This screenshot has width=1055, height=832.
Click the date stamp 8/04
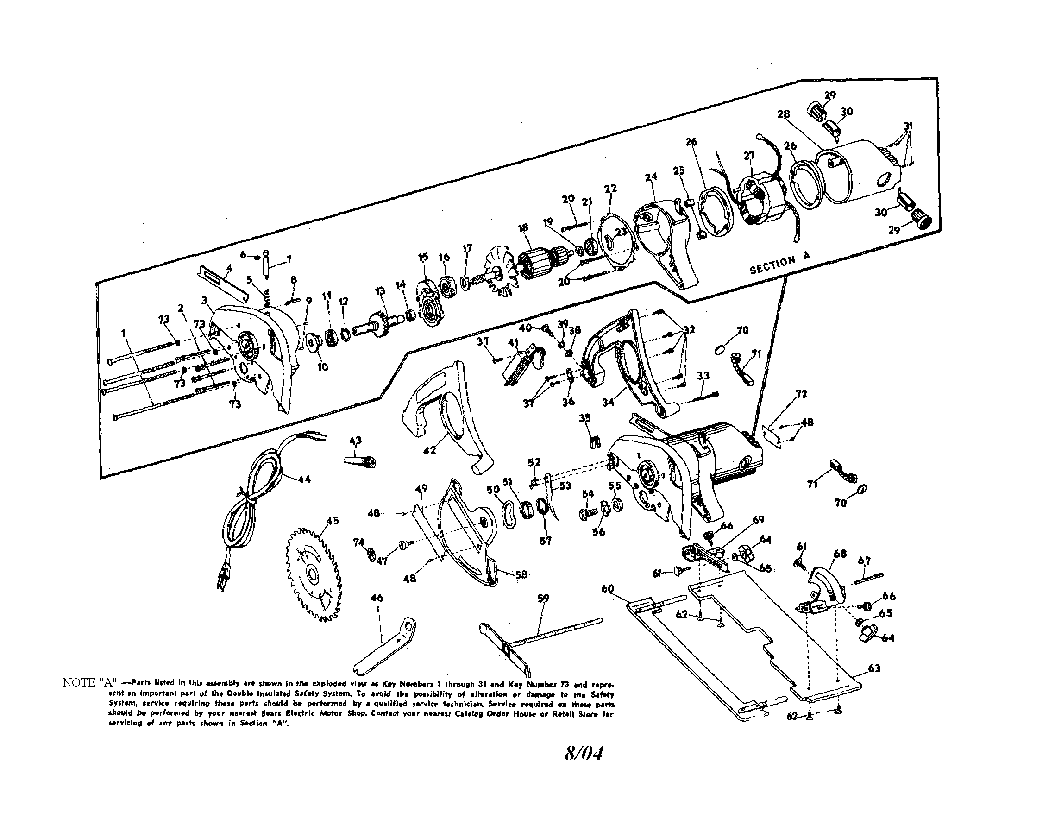(x=584, y=754)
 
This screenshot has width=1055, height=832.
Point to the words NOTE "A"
(x=88, y=682)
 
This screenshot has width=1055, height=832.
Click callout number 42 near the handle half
(x=429, y=451)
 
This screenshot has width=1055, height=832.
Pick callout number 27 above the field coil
(x=749, y=155)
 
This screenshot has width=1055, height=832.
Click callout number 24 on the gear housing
(x=651, y=177)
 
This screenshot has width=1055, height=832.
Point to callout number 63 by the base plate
(x=874, y=668)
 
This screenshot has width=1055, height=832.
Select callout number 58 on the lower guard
(x=521, y=574)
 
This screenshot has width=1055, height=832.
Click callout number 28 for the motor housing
(x=783, y=114)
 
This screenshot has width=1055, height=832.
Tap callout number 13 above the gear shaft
(x=380, y=291)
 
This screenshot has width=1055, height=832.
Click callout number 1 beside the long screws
(x=124, y=333)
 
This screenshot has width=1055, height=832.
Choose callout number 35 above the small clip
(x=585, y=418)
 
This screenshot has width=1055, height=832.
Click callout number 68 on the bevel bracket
(x=840, y=554)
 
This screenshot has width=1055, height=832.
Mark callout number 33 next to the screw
(x=703, y=376)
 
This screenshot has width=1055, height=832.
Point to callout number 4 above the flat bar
(x=229, y=267)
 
